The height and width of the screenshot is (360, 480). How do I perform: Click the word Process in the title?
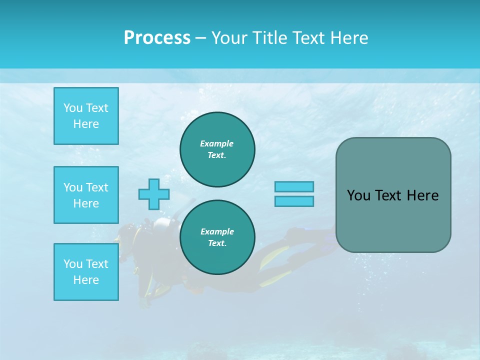pos(157,38)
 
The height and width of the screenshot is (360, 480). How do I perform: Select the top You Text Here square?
pos(86,116)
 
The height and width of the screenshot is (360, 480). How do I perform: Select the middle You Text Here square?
pos(86,195)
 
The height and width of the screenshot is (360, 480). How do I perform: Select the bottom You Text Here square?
pos(86,272)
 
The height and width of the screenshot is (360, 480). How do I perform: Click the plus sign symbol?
pos(154,194)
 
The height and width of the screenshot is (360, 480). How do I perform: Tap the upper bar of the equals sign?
pos(294,186)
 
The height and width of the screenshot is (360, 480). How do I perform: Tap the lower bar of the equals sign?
pos(294,201)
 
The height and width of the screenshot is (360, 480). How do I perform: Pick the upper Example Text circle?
pos(217,149)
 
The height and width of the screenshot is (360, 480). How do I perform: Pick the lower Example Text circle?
pos(217,237)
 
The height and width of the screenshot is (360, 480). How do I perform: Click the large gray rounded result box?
pos(393,195)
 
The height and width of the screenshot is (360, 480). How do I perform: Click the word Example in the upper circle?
pos(217,143)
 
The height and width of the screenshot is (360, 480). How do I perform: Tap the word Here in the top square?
pos(86,124)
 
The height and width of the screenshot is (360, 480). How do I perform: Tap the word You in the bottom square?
pos(73,264)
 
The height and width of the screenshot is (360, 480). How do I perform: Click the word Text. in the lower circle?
pos(217,243)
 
